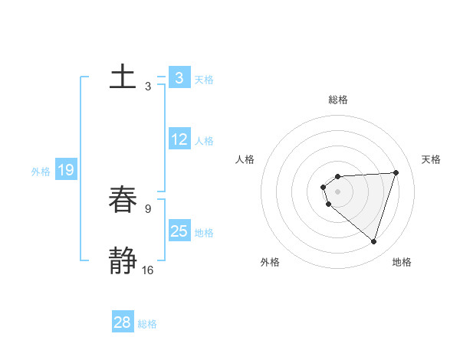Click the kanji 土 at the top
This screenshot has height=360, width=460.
[123, 77]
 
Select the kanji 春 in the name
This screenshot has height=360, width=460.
[123, 201]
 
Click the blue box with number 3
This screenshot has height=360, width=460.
[179, 77]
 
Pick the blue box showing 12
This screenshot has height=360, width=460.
[179, 139]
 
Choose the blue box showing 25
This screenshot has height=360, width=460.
[179, 231]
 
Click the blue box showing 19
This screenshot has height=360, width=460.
[66, 170]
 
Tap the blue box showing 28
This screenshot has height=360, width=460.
[123, 322]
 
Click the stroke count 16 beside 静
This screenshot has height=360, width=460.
[147, 270]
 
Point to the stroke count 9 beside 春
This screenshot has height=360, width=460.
[147, 208]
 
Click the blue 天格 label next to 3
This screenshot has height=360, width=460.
[204, 79]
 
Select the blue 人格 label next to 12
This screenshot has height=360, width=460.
[204, 141]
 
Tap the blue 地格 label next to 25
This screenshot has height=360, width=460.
[204, 232]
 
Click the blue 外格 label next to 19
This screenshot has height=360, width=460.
[41, 172]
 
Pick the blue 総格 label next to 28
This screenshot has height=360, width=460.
[147, 324]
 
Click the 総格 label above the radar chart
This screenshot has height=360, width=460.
[338, 100]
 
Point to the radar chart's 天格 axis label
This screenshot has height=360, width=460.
[431, 159]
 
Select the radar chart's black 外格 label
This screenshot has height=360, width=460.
[269, 262]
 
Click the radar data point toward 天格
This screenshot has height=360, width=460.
[396, 172]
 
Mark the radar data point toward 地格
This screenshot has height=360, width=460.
[373, 241]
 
